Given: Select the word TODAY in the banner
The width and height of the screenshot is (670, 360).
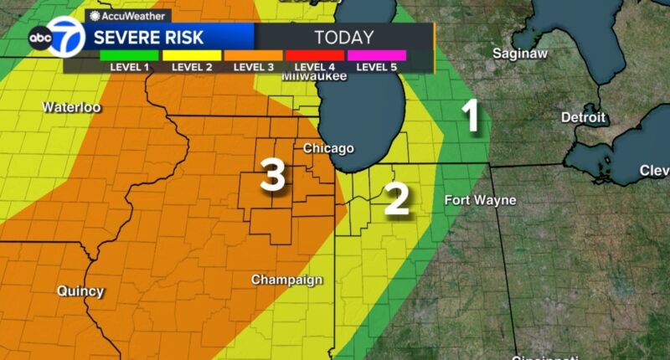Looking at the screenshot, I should point(343,37).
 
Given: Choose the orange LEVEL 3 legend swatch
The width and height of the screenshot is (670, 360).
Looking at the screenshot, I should point(253,55).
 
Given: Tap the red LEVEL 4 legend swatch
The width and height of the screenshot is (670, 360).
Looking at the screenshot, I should point(315,55).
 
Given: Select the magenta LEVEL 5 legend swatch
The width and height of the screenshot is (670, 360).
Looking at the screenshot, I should point(377,55).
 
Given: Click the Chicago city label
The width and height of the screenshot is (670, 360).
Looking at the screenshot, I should point(328,148).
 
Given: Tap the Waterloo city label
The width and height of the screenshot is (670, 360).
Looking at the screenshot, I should point(71,107).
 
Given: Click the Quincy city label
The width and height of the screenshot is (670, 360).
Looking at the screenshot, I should point(80,291).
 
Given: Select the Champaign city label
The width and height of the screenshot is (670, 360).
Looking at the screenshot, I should point(287,280).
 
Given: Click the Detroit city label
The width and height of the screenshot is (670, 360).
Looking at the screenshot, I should point(583,117).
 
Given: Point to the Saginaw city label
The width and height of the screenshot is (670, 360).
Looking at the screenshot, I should point(518,53).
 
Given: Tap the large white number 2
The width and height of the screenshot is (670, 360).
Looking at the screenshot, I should point(396,198).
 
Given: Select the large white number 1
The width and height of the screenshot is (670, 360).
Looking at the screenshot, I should point(472,117).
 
